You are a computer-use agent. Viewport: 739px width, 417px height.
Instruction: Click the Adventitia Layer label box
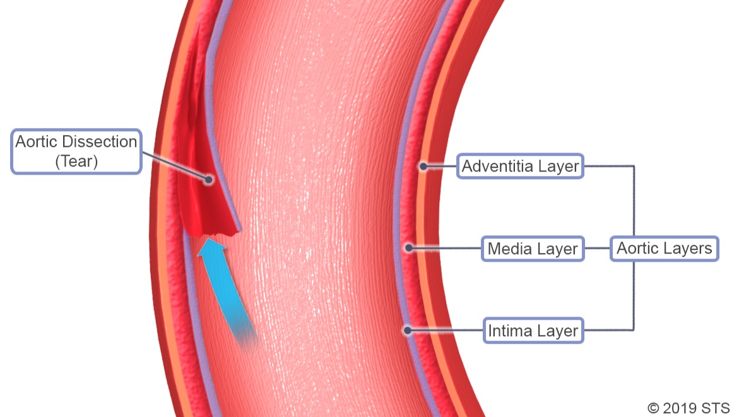(520, 167)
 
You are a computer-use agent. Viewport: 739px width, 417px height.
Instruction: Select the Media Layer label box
(532, 249)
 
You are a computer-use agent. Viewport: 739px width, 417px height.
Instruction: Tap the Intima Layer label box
(533, 331)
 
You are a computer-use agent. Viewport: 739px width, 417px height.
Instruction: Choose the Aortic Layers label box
(664, 249)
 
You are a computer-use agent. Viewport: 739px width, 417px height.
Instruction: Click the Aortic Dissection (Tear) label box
(76, 151)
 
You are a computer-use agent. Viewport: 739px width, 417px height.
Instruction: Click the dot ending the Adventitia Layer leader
(423, 167)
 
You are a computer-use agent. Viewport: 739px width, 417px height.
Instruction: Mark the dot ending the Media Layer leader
(409, 249)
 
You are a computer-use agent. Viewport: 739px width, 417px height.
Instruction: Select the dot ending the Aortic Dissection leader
(208, 180)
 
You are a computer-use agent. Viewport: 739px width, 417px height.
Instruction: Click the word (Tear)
(76, 161)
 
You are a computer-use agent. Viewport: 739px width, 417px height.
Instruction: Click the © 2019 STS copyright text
(688, 407)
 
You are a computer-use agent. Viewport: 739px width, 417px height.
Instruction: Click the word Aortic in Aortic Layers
(637, 249)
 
